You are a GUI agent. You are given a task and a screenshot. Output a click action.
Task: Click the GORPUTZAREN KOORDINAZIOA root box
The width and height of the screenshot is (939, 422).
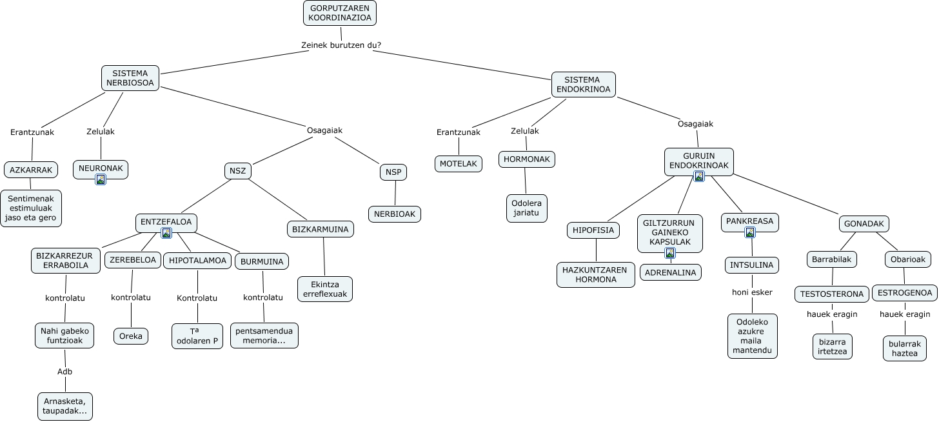coord(340,13)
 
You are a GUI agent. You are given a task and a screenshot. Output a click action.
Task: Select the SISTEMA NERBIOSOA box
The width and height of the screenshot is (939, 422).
coord(130,78)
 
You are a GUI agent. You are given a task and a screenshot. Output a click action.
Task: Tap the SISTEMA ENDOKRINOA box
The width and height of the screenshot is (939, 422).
coord(582,85)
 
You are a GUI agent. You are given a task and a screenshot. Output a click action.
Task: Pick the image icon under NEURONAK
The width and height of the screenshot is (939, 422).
coord(101,180)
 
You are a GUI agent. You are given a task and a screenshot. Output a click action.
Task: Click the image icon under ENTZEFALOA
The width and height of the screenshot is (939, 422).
coord(166,233)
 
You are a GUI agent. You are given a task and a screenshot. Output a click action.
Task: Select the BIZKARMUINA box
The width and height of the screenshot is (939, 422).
coord(320,229)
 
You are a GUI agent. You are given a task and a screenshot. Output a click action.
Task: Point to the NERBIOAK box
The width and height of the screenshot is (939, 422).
coord(394,214)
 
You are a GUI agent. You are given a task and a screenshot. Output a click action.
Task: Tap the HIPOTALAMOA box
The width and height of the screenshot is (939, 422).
coord(197,261)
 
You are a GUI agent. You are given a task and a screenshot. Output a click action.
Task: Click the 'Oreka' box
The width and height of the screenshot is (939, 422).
coord(131,336)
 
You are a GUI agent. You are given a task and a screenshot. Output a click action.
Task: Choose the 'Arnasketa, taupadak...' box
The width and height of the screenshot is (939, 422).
coord(64,406)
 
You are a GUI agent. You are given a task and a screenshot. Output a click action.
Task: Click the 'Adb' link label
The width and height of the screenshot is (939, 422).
coord(64,372)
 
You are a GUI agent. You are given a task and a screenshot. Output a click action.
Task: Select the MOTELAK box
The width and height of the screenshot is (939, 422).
coord(458,164)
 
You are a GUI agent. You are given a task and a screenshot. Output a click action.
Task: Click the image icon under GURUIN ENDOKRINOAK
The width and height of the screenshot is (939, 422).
coord(698,176)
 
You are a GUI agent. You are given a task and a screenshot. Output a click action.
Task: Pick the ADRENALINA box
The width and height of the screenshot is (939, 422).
coord(670,272)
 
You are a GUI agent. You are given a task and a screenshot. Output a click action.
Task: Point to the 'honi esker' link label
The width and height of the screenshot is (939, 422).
coord(752,292)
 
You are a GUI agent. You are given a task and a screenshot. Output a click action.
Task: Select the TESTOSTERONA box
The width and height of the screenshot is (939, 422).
coord(831,294)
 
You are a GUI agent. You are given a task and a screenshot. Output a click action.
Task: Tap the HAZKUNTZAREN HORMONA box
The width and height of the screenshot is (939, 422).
coord(595,275)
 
